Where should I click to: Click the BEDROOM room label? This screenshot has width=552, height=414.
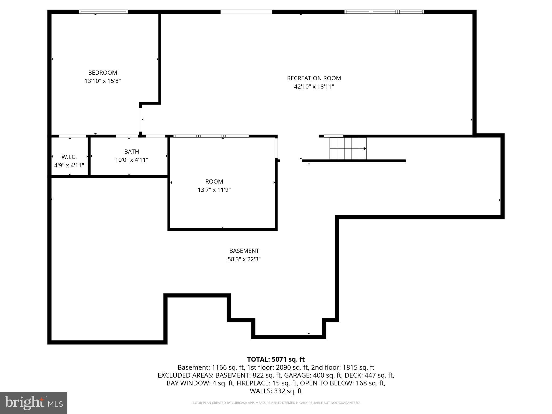(x=102, y=73)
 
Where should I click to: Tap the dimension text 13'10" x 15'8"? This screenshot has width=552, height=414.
(x=102, y=81)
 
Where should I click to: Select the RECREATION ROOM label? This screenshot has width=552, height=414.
(x=314, y=78)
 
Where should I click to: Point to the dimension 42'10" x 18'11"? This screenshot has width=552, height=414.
(x=314, y=87)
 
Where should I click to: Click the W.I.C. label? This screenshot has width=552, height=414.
(x=69, y=157)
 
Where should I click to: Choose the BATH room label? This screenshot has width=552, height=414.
(x=132, y=151)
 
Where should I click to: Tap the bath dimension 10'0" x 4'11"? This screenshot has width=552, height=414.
(x=132, y=160)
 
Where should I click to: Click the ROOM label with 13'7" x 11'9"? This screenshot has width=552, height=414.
(x=214, y=181)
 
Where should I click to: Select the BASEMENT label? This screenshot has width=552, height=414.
(x=244, y=251)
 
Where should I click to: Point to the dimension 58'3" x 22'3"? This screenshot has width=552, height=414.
(x=244, y=259)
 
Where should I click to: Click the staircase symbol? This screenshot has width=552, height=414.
(x=348, y=149)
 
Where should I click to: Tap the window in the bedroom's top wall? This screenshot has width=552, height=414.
(x=103, y=12)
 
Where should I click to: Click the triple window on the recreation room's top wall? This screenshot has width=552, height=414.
(x=384, y=12)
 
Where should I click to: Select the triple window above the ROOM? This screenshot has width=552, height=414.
(x=211, y=136)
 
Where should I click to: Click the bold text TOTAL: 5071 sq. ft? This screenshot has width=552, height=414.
(x=276, y=359)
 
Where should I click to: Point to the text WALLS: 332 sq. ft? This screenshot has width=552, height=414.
(x=276, y=391)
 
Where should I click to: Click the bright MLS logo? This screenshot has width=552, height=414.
(x=34, y=403)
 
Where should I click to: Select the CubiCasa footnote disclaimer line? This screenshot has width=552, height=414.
(x=276, y=403)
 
